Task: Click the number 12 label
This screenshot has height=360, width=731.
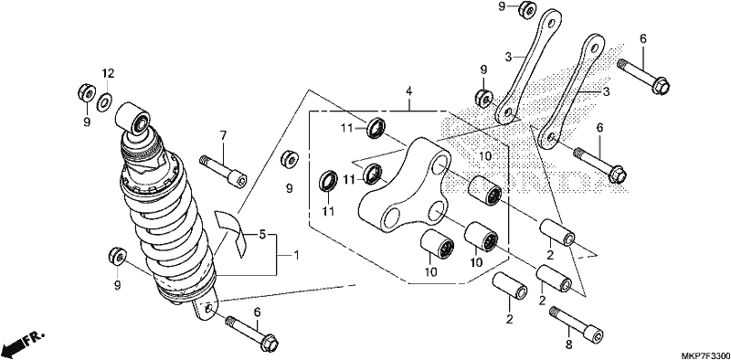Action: tap(108, 74)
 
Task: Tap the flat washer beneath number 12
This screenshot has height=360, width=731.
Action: tap(104, 101)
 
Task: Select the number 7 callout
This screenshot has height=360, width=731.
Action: tap(223, 136)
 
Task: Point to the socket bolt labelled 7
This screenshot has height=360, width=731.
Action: tap(223, 172)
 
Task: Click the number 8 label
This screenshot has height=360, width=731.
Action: tap(568, 331)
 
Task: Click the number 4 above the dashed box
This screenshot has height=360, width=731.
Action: tap(408, 91)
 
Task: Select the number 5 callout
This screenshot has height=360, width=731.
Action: tap(262, 235)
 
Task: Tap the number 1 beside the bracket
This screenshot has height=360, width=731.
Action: tap(296, 256)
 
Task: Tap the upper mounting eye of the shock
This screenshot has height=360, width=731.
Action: tap(132, 119)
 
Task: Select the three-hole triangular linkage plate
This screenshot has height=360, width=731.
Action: tap(405, 185)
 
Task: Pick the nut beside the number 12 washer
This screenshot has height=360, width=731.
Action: tap(87, 93)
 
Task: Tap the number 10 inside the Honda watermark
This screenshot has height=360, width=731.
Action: tap(485, 155)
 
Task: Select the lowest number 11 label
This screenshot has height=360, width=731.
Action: tap(329, 212)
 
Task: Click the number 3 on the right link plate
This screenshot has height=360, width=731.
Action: tap(606, 92)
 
